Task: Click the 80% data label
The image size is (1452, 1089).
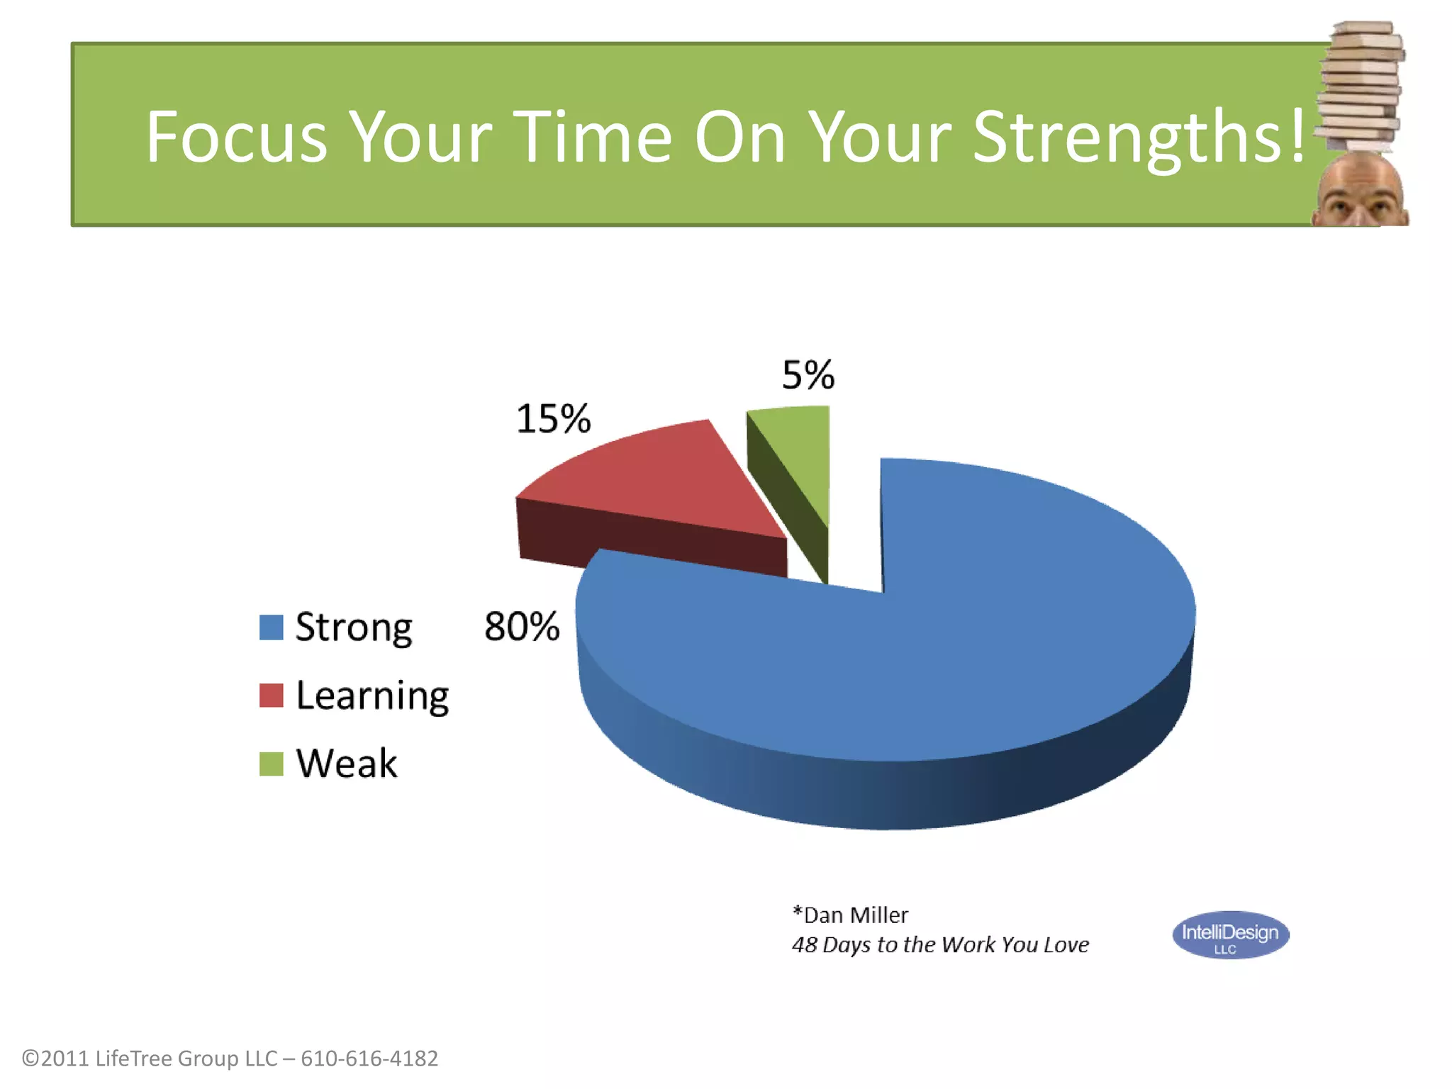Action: [522, 627]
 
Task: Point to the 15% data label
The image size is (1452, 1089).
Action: [553, 418]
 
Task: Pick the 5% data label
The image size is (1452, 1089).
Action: [808, 374]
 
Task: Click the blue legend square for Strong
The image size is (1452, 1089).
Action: [271, 627]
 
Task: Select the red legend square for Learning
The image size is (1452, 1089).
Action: [271, 696]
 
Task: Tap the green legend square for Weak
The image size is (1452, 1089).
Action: [271, 764]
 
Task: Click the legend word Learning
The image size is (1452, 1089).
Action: [372, 696]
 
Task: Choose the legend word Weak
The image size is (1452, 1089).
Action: [347, 764]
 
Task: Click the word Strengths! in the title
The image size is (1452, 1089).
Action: [1138, 137]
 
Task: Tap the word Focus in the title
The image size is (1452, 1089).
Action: [236, 137]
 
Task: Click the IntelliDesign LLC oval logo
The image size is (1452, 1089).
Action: [1230, 935]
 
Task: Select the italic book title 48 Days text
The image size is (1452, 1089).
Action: [940, 945]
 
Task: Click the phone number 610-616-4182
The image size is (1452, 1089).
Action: [369, 1059]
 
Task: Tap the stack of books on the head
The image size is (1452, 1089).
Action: [1360, 85]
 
